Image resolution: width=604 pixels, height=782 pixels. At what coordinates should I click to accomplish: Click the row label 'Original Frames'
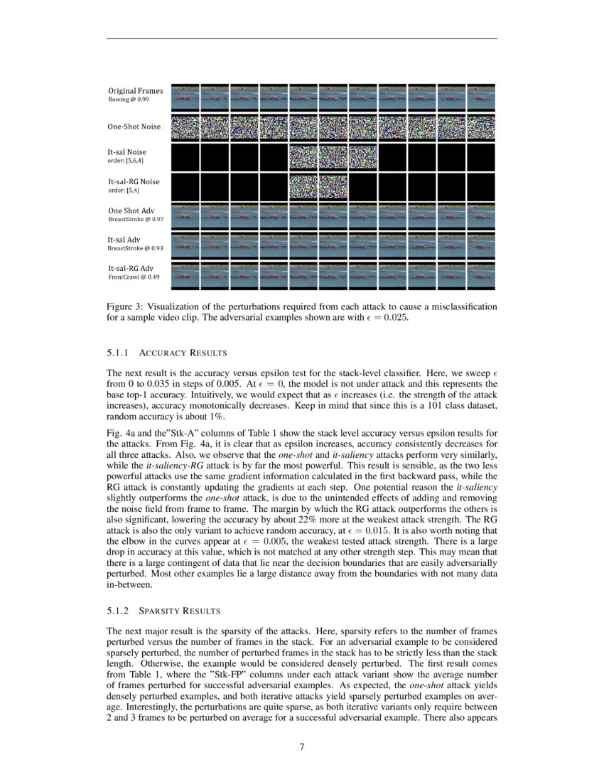135,91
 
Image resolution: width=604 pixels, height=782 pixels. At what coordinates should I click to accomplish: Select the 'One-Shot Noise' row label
134,127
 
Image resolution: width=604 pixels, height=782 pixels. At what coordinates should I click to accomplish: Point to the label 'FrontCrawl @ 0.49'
134,277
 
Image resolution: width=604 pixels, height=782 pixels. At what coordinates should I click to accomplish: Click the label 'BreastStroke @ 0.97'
136,219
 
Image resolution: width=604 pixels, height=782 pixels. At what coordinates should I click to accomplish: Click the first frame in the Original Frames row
185,96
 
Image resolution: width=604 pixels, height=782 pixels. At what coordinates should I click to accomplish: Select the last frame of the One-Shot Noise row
481,127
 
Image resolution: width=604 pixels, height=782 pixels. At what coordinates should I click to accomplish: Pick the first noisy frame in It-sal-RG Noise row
303,186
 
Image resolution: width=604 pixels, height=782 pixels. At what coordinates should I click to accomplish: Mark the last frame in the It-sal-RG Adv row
481,276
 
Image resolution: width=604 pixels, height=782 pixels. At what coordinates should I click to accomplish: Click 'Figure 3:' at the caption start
125,306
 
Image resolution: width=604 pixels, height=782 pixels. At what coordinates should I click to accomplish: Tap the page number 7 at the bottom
302,746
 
